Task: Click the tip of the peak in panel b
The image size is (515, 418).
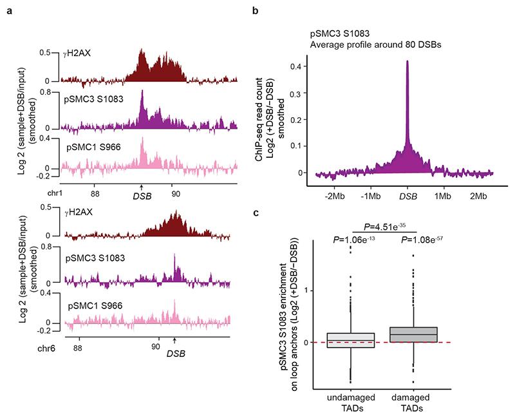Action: (x=407, y=61)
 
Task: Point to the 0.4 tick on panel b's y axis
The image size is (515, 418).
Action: (x=299, y=66)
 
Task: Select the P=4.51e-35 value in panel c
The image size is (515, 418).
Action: (x=386, y=226)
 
